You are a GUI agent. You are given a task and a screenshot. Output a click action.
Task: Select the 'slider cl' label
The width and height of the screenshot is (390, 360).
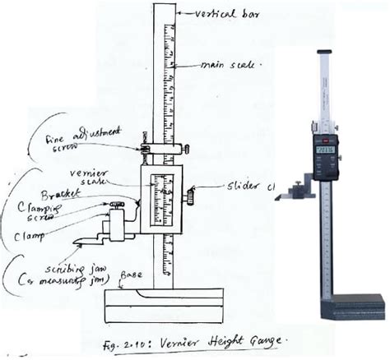coord(247,187)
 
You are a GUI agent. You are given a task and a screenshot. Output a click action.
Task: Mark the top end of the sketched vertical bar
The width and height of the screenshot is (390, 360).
coord(165,7)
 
